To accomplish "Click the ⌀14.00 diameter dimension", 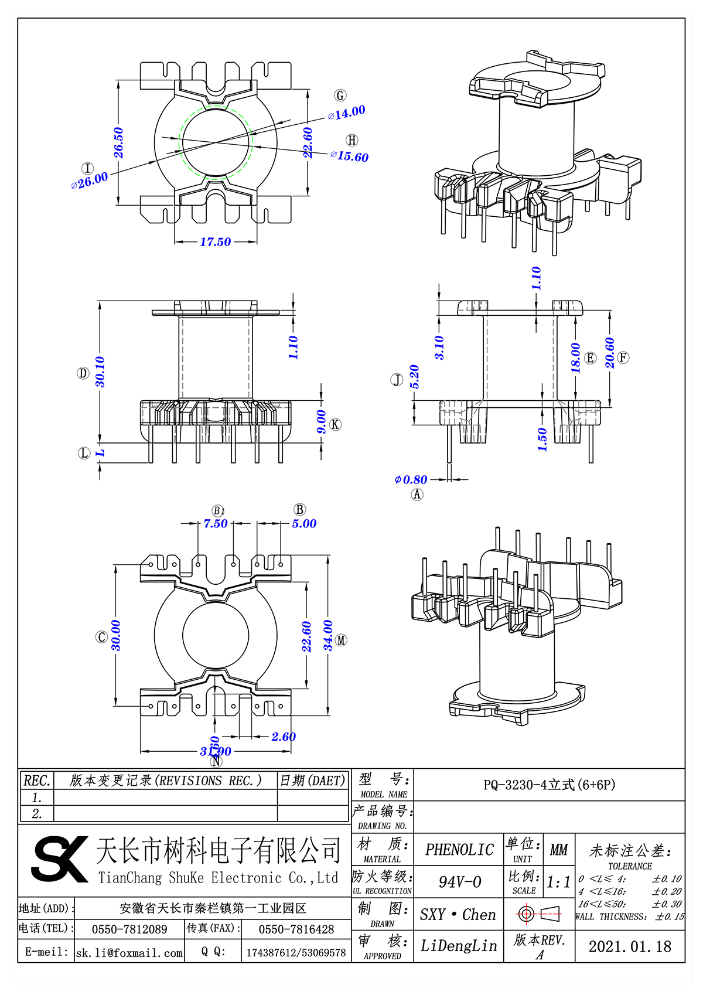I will click(x=347, y=113).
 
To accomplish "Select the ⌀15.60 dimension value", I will click(x=350, y=156).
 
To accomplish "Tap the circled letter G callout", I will click(x=340, y=95).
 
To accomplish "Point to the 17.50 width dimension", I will click(x=215, y=241).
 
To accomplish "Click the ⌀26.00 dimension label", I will click(x=90, y=180).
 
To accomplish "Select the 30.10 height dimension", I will click(x=100, y=372).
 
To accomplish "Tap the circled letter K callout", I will click(x=335, y=424).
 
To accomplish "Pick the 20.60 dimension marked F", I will click(x=610, y=353).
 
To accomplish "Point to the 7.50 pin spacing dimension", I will click(x=215, y=523).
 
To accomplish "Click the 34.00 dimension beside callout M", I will click(x=328, y=636).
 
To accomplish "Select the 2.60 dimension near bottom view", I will click(x=284, y=737).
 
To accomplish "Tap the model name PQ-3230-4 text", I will click(x=549, y=785).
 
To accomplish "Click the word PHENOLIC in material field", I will click(x=459, y=850).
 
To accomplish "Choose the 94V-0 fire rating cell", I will click(x=459, y=882).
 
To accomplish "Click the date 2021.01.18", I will click(x=630, y=946).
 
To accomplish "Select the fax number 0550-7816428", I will click(x=296, y=929).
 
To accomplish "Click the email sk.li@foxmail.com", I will click(x=129, y=953).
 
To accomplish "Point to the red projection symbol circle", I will click(x=525, y=914).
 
